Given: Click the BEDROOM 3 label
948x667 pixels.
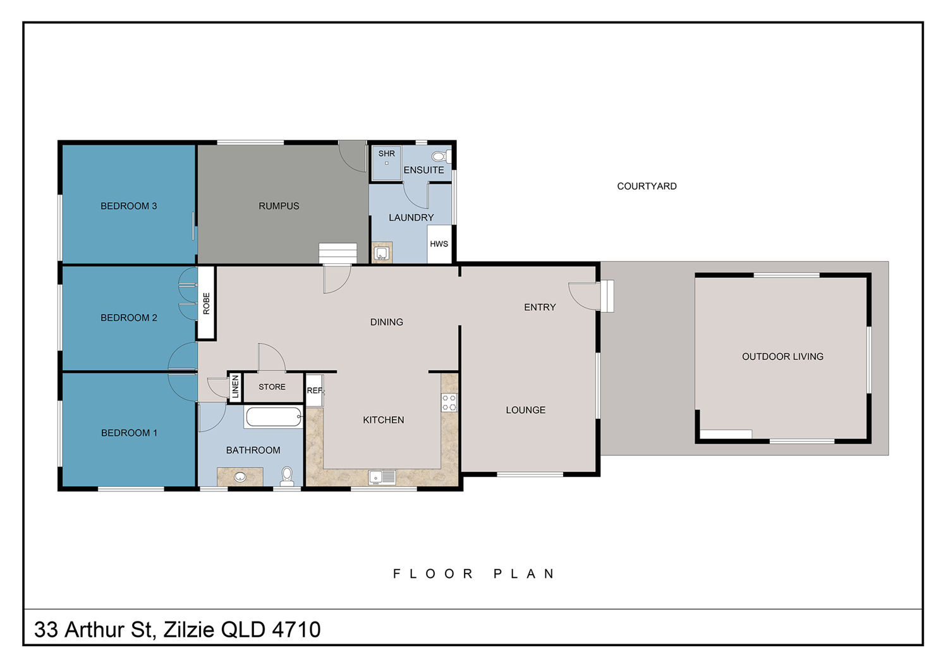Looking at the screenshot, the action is tap(129, 206).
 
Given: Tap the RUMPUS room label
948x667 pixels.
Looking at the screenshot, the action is tap(279, 206).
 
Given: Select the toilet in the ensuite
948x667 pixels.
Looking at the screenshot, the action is tap(441, 157).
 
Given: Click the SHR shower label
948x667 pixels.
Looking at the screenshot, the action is tap(386, 153).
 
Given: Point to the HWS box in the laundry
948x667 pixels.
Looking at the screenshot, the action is tap(439, 244).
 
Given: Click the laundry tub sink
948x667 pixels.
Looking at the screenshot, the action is tap(382, 253).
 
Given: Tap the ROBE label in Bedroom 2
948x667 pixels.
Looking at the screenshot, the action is tap(206, 303).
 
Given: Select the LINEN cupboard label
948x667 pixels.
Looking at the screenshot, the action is tap(236, 387).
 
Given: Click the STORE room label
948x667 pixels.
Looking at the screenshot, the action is tap(272, 387).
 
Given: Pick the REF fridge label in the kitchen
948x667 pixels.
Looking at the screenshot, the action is tap(315, 390).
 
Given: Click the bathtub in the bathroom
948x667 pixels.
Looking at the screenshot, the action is tap(274, 417).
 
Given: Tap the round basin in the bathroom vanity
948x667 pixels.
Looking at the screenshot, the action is tap(240, 477).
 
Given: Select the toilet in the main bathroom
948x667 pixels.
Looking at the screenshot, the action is tap(287, 477).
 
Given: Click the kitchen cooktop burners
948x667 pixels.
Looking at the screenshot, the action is tap(449, 402).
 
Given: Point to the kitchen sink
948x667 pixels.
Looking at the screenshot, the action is tap(382, 478).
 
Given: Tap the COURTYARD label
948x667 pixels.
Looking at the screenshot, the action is tap(647, 186).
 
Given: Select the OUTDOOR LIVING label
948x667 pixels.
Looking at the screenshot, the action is tap(782, 356).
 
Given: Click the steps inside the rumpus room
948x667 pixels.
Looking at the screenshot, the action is tap(337, 253).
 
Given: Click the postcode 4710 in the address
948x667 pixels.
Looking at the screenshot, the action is tap(296, 629).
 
